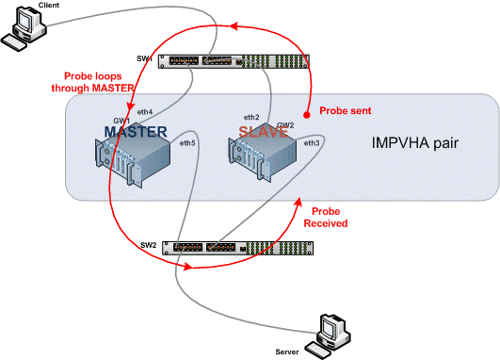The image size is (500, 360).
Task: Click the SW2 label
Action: click(x=149, y=245)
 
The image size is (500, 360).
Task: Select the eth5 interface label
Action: click(x=187, y=143)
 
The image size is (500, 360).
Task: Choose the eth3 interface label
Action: click(x=311, y=143)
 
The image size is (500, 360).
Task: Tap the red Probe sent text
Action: click(x=345, y=109)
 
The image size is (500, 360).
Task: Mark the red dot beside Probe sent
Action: click(x=306, y=106)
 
